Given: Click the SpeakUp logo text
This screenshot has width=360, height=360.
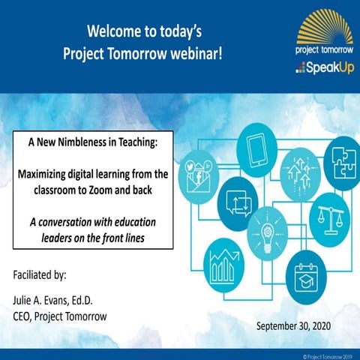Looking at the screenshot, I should tap(322, 68).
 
